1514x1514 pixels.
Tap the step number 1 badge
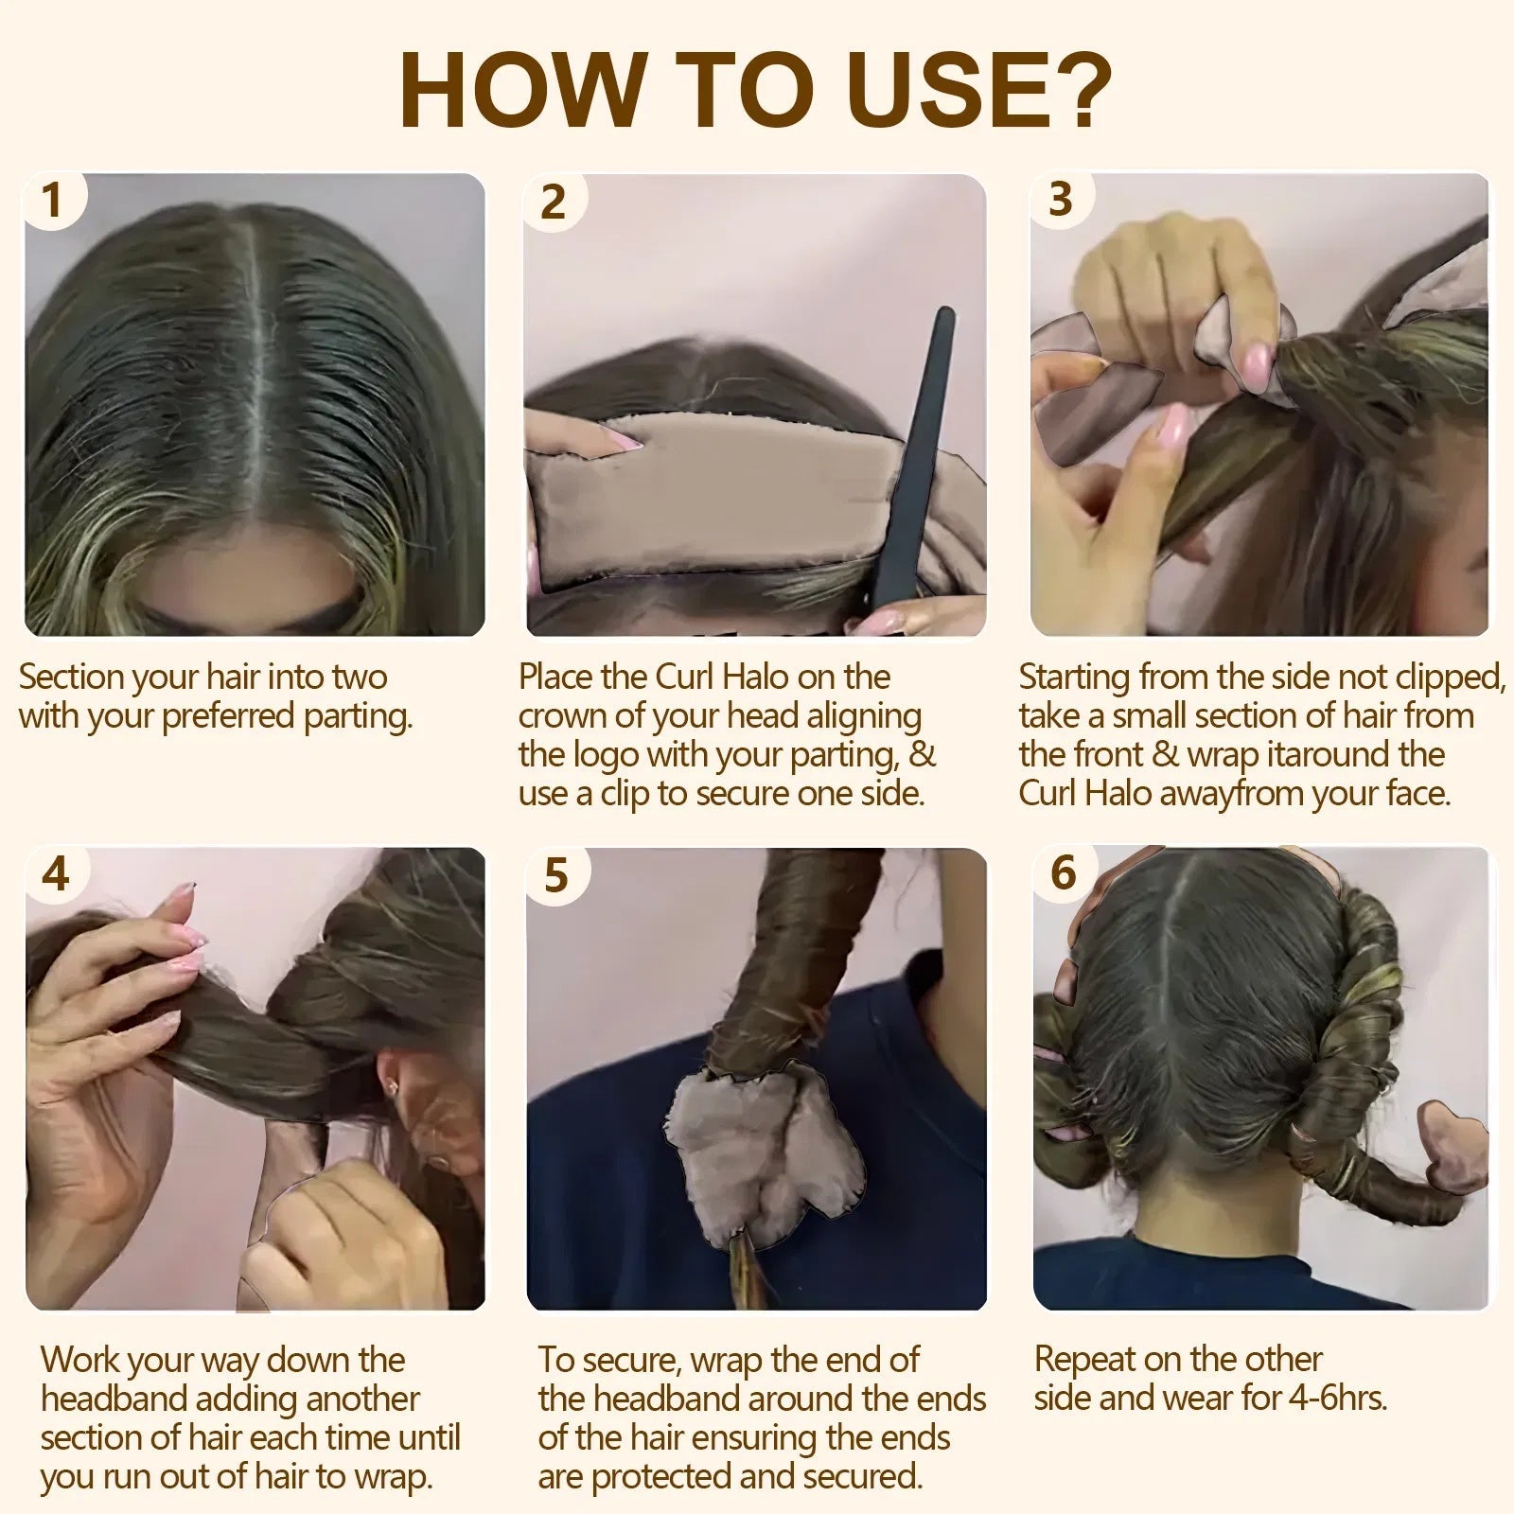(53, 201)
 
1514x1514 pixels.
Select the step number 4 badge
(56, 872)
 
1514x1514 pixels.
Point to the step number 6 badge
(1064, 872)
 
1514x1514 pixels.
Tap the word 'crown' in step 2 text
(565, 716)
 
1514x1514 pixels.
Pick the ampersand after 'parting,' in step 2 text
(923, 755)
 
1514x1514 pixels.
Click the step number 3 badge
(1061, 199)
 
